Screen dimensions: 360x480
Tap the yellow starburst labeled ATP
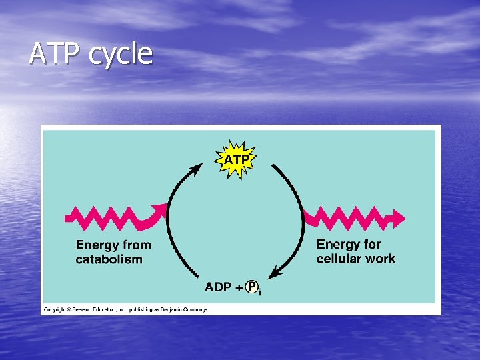click(237, 160)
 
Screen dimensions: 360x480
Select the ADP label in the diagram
click(219, 287)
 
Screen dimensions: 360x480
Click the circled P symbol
click(252, 287)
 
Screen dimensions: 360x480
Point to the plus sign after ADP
click(239, 288)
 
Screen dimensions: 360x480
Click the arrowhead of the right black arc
click(275, 273)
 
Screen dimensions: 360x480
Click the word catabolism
click(109, 259)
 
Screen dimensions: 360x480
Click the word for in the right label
click(371, 245)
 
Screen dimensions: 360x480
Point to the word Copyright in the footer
click(57, 310)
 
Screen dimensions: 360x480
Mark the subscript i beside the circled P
click(260, 292)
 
